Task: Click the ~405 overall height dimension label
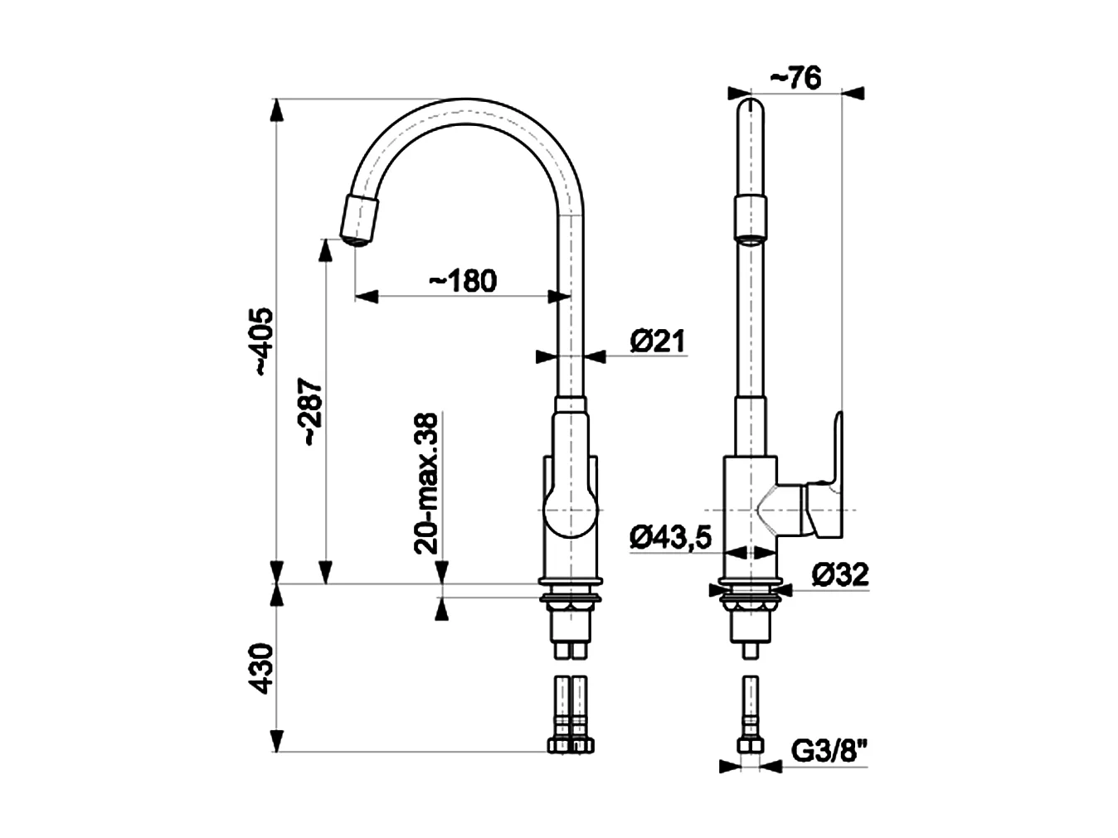pyautogui.click(x=261, y=341)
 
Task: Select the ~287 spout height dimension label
pyautogui.click(x=311, y=413)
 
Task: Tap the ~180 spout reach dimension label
pyautogui.click(x=463, y=281)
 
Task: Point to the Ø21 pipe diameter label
pyautogui.click(x=658, y=341)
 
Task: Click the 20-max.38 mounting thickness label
pyautogui.click(x=425, y=482)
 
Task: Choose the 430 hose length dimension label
pyautogui.click(x=261, y=668)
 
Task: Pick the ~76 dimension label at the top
pyautogui.click(x=795, y=78)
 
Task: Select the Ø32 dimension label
pyautogui.click(x=839, y=574)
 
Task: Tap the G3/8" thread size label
pyautogui.click(x=829, y=751)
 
